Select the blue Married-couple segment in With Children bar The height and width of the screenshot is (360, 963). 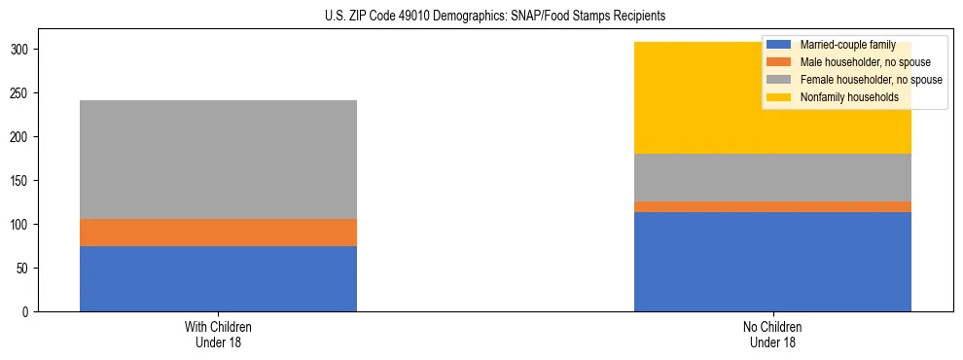point(218,278)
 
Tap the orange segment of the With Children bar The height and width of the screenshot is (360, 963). point(218,233)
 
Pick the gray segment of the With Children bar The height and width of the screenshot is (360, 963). point(218,160)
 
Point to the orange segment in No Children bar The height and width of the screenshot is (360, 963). point(772,206)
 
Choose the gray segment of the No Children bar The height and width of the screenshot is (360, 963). point(772,177)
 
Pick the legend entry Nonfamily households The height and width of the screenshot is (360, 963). point(841,97)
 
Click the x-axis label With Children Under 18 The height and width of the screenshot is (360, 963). point(218,334)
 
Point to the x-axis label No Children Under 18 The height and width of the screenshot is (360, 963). point(772,334)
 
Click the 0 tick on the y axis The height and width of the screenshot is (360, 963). point(29,311)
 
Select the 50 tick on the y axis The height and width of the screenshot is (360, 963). point(26,268)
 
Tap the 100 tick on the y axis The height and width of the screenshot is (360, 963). point(23,224)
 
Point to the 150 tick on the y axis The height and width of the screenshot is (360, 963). point(23,180)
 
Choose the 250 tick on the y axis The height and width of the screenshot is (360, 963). point(23,92)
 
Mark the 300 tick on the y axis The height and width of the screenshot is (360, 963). point(23,49)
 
